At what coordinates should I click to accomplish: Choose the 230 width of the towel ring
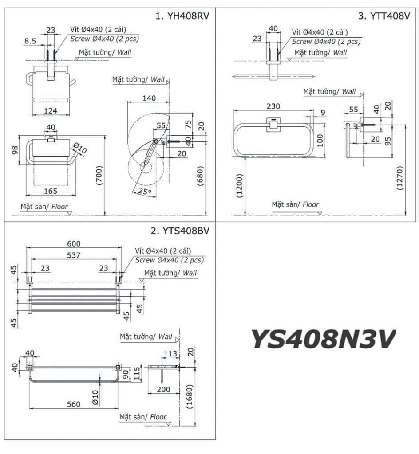(273, 106)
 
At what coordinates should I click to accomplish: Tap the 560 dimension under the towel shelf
(74, 404)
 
